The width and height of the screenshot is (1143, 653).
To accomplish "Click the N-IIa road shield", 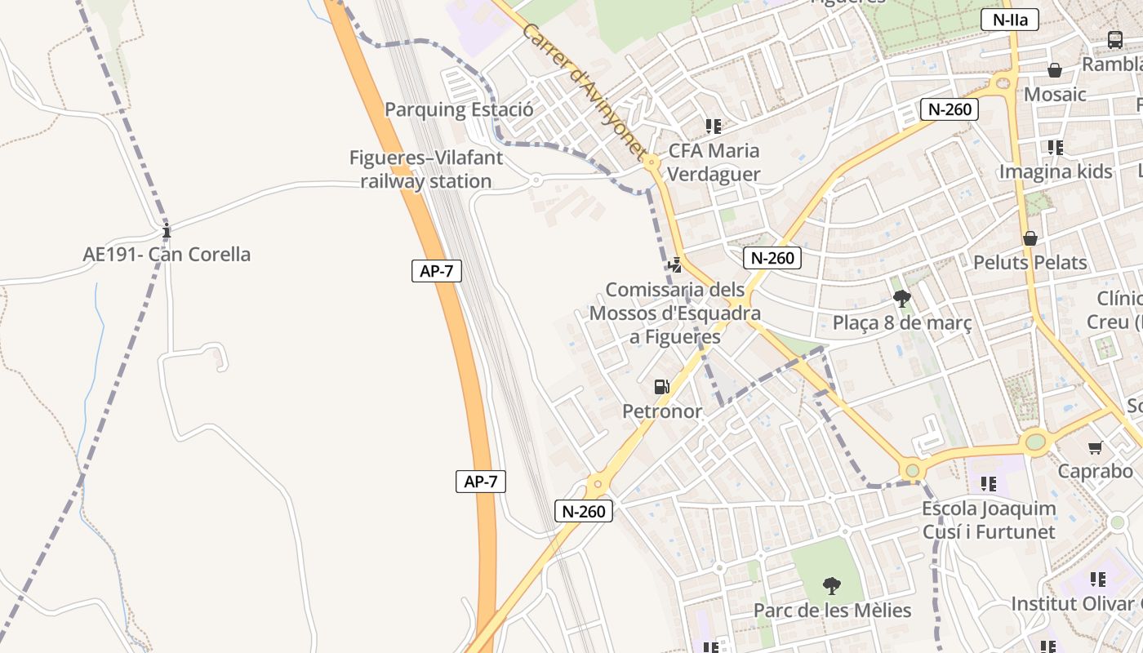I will coord(1009,20).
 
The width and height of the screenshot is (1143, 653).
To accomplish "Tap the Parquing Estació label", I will coord(459,109).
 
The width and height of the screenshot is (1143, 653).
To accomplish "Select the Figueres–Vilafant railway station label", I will coord(426,169).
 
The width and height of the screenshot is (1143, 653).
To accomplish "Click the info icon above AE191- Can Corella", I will coord(167,232).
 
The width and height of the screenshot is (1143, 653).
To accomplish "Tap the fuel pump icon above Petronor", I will coord(662,387).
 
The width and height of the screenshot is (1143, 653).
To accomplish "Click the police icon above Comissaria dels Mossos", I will coord(675,264).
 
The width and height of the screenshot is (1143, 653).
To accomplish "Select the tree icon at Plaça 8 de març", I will coord(902,299).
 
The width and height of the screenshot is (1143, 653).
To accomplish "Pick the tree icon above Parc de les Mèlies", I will coord(831,585).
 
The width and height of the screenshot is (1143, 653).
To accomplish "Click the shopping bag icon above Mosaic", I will coord(1055,70).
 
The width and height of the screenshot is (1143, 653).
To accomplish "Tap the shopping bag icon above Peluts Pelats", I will coord(1030,238).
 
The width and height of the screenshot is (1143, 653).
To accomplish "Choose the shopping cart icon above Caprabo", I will coord(1095,447).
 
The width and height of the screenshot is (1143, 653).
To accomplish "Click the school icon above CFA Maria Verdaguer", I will coord(714,127).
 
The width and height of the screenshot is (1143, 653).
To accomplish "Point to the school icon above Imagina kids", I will coord(1056,148).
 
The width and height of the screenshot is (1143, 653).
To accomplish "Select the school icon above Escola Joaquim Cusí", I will coord(989,484).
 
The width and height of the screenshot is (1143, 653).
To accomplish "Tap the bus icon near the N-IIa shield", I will coord(1115,39).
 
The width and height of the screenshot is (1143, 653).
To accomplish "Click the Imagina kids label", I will coord(1056,171).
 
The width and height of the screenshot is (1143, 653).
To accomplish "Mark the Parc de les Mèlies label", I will coord(832,610).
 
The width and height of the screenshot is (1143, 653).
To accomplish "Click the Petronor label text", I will coord(662,411).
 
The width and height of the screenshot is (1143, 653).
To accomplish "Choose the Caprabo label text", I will coord(1096,471).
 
